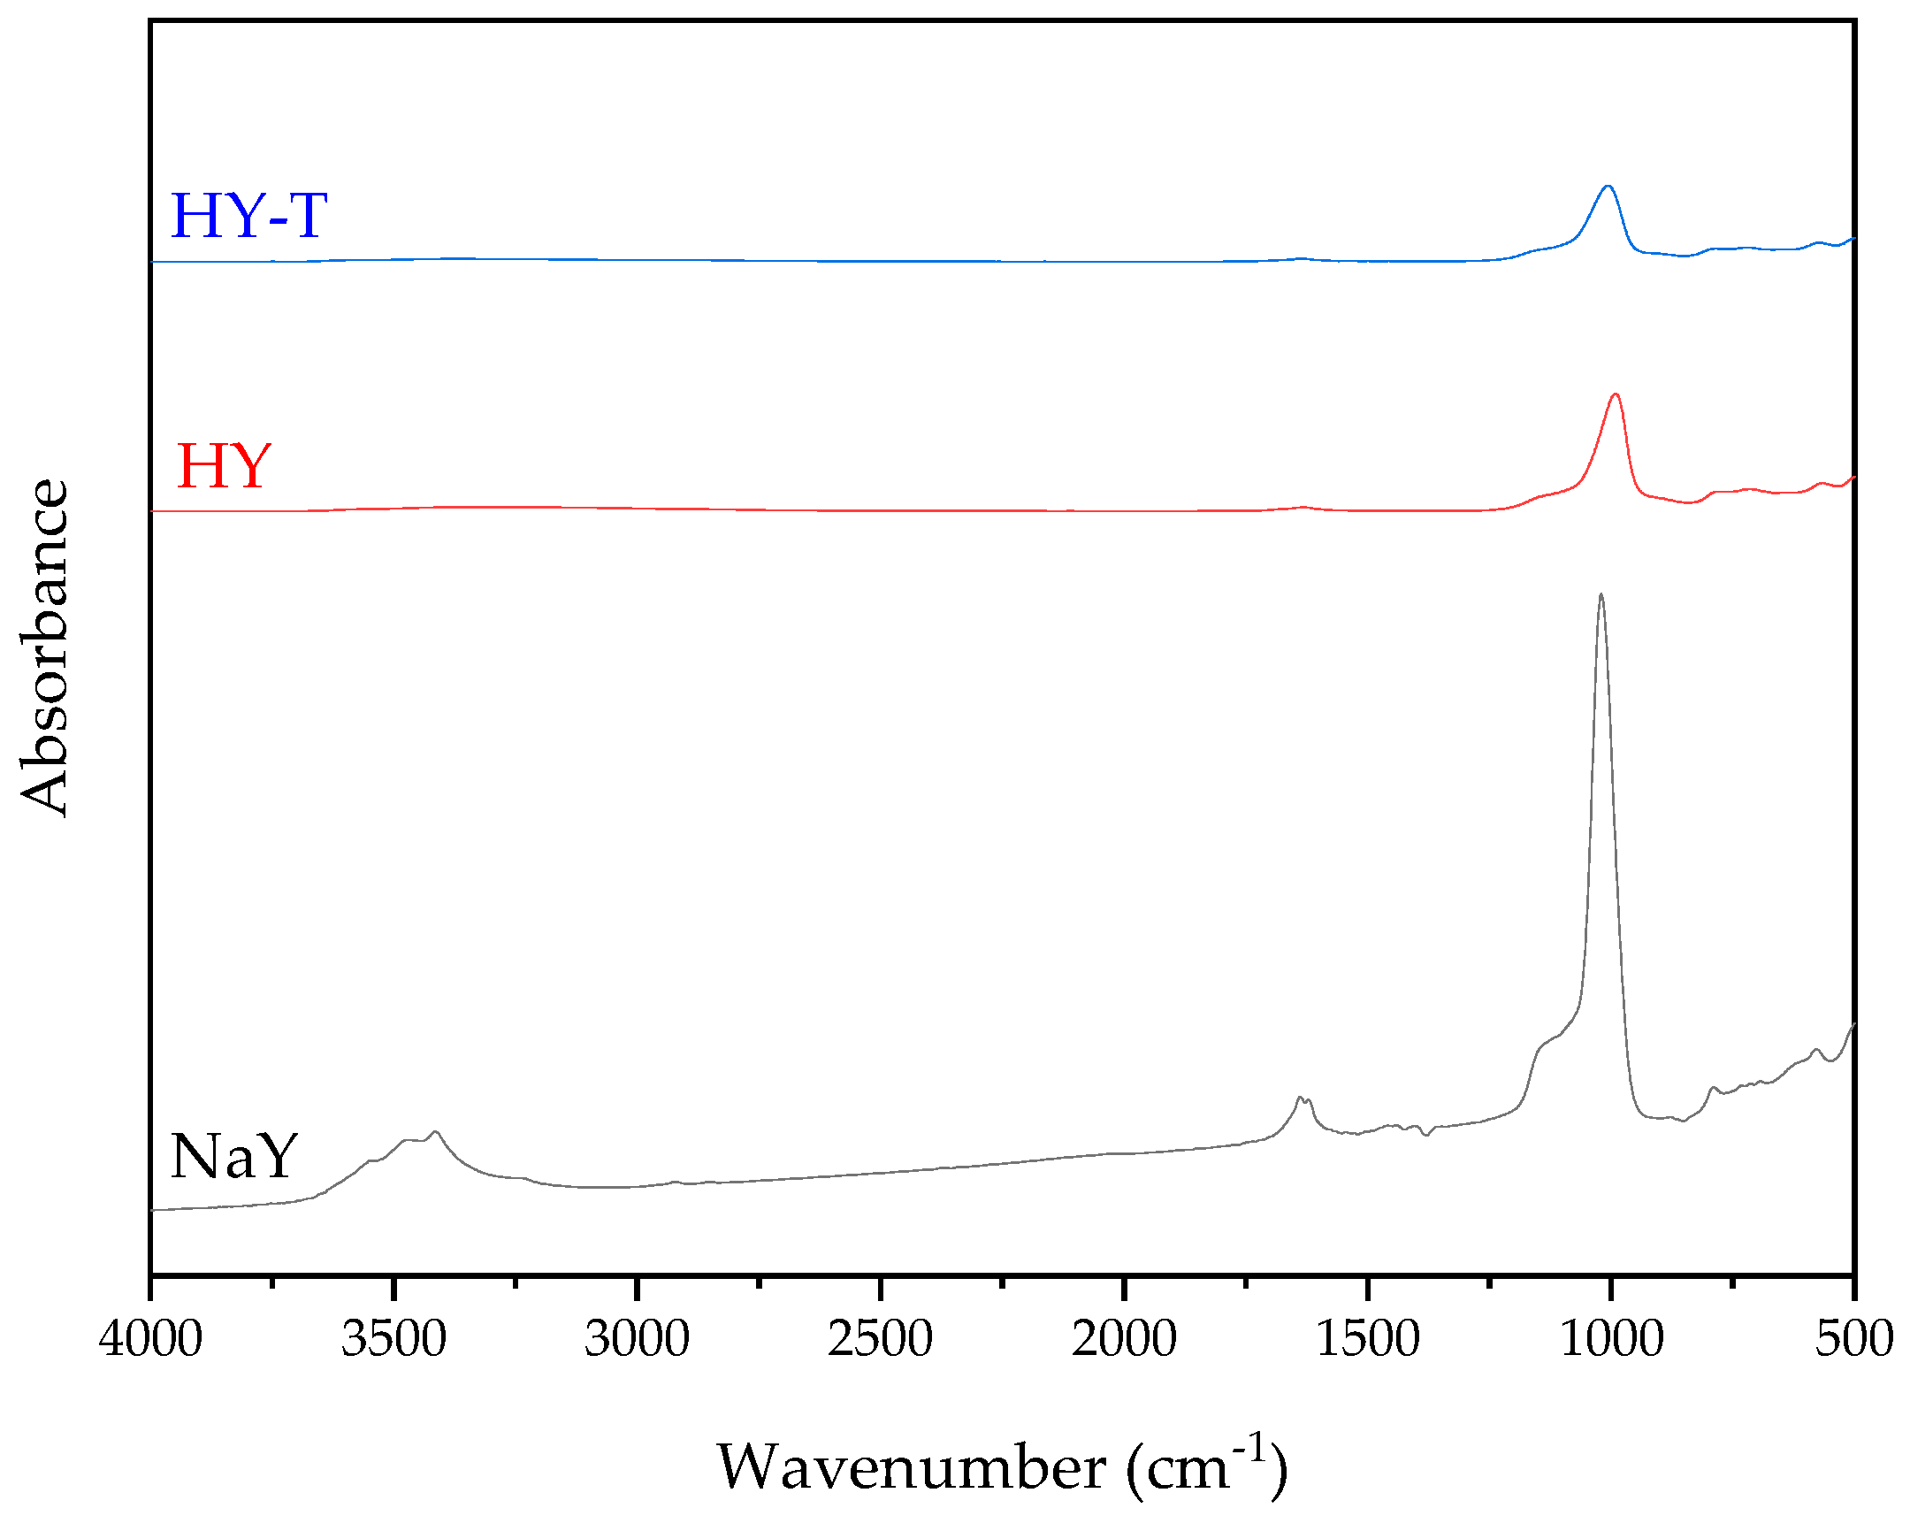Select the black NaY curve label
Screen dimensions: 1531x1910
(233, 1157)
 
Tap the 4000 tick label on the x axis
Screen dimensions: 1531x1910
(150, 1339)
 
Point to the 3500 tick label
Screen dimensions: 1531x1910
(393, 1339)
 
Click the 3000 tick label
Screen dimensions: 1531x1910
(637, 1339)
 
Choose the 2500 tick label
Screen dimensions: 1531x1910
(880, 1339)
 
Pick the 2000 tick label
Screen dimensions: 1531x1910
(1123, 1339)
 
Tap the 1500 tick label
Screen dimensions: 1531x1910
(1367, 1339)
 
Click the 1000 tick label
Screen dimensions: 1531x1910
(1610, 1339)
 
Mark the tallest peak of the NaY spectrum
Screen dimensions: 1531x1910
(1600, 596)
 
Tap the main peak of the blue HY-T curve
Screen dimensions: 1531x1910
(1608, 187)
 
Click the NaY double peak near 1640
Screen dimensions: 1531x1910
(1303, 1099)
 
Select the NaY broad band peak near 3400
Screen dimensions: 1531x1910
(434, 1133)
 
